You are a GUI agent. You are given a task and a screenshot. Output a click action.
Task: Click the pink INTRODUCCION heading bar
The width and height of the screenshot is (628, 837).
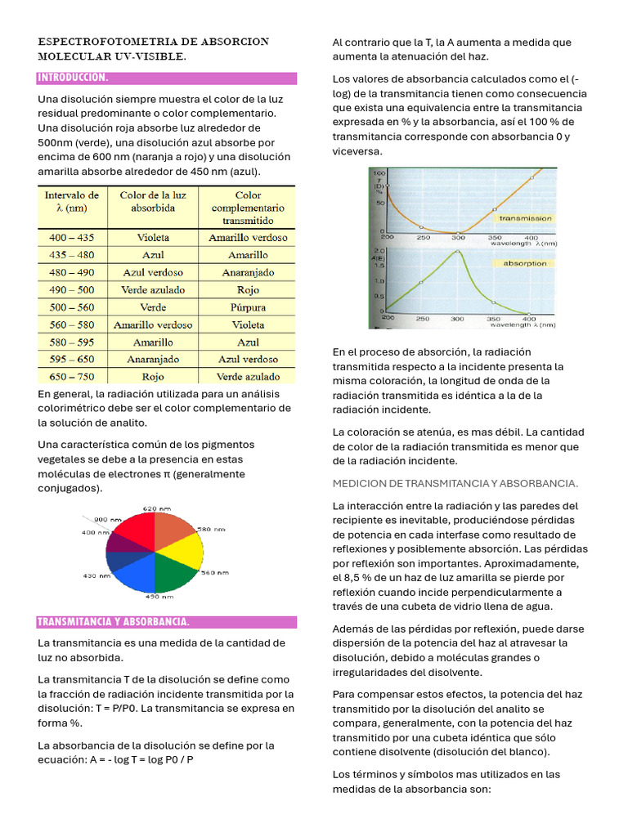(166, 78)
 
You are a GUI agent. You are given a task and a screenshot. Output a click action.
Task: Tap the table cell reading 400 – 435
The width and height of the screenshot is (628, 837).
(71, 238)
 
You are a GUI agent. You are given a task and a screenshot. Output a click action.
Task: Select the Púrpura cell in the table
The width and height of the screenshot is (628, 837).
(248, 307)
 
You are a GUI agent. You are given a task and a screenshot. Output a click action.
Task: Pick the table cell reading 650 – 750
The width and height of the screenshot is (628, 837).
(71, 377)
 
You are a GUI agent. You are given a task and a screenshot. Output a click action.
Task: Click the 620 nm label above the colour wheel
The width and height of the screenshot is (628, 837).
(155, 508)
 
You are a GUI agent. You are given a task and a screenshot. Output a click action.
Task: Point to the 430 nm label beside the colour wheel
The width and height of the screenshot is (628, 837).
(92, 575)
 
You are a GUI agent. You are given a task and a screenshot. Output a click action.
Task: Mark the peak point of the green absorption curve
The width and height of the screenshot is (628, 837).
(455, 253)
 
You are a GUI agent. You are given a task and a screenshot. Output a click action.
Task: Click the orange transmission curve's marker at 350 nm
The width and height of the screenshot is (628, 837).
(495, 210)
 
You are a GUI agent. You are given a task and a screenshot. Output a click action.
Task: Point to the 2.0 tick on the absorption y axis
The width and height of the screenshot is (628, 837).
(379, 252)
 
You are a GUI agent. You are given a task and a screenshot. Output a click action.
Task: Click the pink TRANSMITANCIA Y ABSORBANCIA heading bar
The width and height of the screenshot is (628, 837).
(166, 622)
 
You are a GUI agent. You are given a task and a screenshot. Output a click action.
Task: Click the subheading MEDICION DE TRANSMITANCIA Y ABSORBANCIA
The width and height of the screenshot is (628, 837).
(455, 483)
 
